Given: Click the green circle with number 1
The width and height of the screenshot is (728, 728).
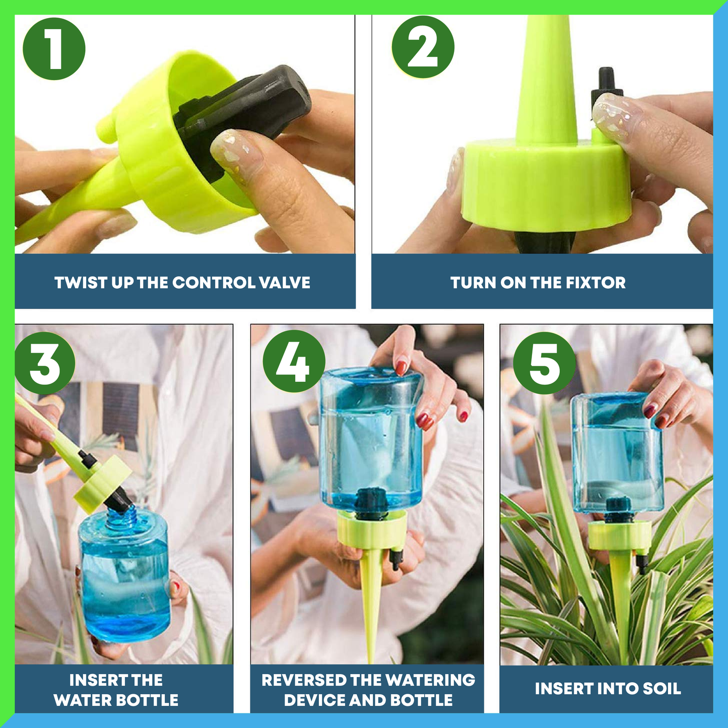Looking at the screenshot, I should [x=54, y=49].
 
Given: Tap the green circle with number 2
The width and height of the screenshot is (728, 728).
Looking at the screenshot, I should [x=423, y=47].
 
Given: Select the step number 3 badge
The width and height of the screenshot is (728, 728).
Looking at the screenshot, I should [x=45, y=363].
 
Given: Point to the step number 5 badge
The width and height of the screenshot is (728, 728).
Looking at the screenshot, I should [x=544, y=363].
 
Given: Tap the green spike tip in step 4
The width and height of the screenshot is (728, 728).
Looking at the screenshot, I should [x=371, y=630].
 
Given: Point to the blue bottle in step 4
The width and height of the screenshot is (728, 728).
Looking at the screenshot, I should [x=372, y=438].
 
